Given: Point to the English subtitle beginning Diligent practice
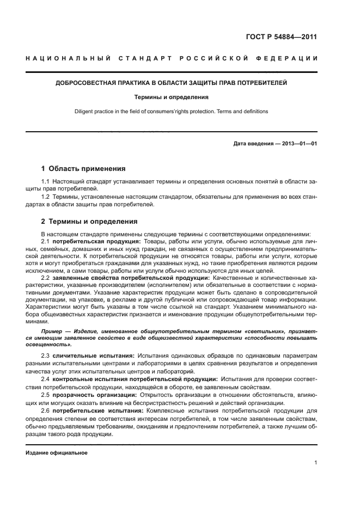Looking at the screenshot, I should pos(172,112).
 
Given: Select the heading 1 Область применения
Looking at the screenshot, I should pos(83,169).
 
